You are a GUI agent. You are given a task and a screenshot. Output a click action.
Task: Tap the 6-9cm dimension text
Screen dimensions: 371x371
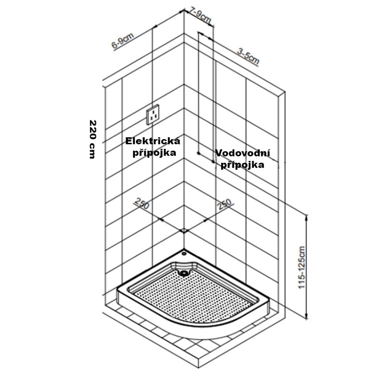point(122,41)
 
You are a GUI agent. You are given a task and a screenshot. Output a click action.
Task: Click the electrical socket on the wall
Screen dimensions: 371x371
point(153,115)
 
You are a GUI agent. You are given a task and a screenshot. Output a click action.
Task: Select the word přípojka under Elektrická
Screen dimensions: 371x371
point(154,153)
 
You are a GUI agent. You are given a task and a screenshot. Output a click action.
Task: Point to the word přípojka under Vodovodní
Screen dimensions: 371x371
point(242,165)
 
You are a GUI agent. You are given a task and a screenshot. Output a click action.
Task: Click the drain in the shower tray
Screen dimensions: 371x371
point(185,273)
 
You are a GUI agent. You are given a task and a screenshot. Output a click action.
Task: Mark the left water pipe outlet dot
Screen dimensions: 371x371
point(199,153)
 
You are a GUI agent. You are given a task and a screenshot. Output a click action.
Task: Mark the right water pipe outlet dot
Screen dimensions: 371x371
point(213,161)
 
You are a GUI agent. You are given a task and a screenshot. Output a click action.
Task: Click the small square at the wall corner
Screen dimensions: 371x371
point(184,230)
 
